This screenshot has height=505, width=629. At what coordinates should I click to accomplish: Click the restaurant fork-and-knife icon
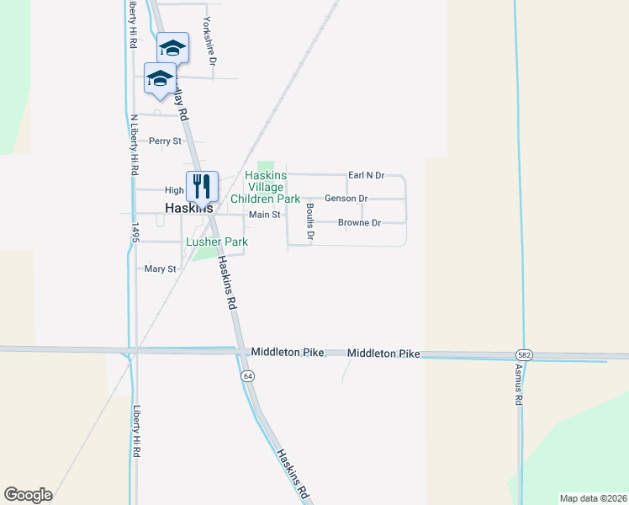[x=202, y=185]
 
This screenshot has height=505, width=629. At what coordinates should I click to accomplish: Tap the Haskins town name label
[x=188, y=208]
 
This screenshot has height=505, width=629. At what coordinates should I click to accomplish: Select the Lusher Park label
[x=217, y=242]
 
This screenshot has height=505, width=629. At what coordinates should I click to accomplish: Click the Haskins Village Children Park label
[x=272, y=188]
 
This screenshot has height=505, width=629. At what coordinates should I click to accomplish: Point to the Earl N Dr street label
[x=366, y=175]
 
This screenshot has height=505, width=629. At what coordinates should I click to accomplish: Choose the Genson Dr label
[x=346, y=199]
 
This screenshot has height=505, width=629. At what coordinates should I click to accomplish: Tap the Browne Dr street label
[x=359, y=223]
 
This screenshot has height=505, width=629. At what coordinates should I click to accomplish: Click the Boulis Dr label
[x=309, y=221]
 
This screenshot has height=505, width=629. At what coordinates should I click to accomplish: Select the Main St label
[x=264, y=215]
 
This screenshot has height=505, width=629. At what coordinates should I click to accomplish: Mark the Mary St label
[x=160, y=269]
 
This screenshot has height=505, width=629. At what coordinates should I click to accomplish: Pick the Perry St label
[x=165, y=141]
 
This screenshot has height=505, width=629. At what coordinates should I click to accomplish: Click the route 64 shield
[x=247, y=375]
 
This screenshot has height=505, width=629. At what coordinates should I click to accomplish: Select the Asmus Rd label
[x=519, y=385]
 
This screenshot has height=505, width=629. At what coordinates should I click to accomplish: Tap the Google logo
[x=28, y=495]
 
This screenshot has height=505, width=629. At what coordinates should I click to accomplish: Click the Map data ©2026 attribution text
[x=593, y=498]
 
